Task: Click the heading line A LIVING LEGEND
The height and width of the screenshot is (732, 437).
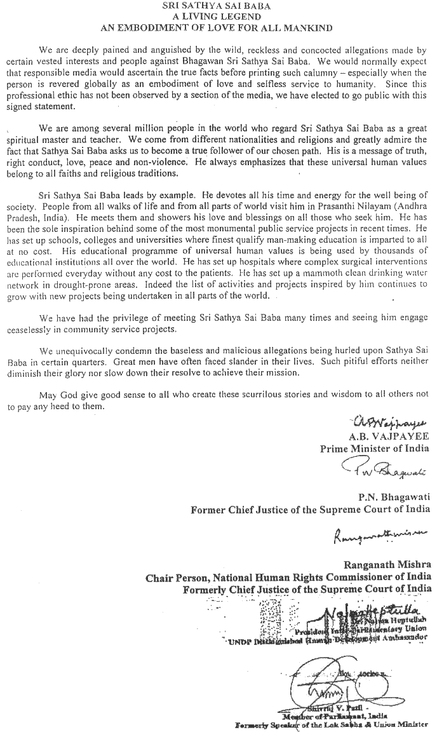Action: click(x=218, y=17)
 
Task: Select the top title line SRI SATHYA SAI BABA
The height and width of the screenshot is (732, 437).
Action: click(x=218, y=6)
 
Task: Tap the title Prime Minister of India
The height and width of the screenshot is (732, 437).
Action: click(x=375, y=448)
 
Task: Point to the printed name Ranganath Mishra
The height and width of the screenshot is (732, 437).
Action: click(x=387, y=565)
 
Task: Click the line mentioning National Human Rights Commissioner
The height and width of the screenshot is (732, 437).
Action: click(x=288, y=577)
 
